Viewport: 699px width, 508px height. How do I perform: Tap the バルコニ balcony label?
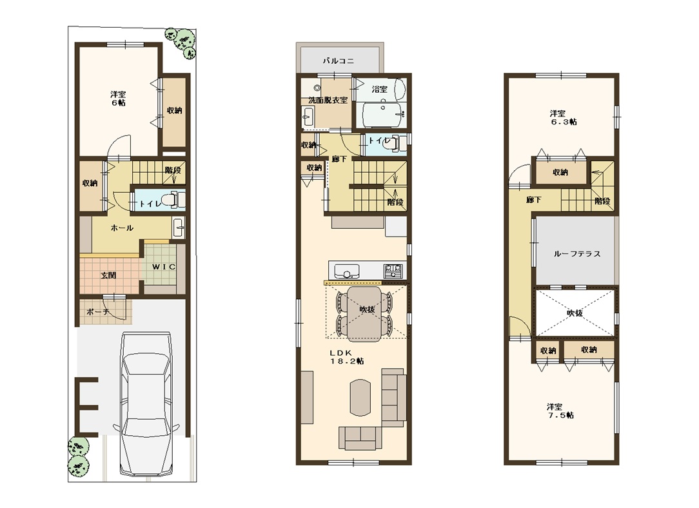(x=339, y=61)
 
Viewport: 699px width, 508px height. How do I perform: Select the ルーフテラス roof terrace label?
(x=577, y=253)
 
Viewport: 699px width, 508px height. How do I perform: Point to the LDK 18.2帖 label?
(x=347, y=357)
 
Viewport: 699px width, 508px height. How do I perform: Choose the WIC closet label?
(x=164, y=267)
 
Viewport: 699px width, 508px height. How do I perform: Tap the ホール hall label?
(x=122, y=228)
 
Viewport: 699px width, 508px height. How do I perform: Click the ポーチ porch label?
(x=98, y=311)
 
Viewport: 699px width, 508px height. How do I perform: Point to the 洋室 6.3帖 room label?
(x=563, y=117)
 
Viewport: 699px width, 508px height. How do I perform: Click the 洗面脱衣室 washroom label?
(x=328, y=101)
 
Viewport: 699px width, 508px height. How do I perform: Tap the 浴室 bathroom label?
(x=379, y=89)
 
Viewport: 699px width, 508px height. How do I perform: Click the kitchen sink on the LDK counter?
(x=347, y=271)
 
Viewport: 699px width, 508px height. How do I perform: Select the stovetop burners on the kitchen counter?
(x=393, y=270)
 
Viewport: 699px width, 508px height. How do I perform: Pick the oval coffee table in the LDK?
(x=360, y=397)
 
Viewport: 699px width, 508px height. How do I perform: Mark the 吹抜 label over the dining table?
(x=368, y=309)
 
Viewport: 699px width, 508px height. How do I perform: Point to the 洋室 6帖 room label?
(x=118, y=99)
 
